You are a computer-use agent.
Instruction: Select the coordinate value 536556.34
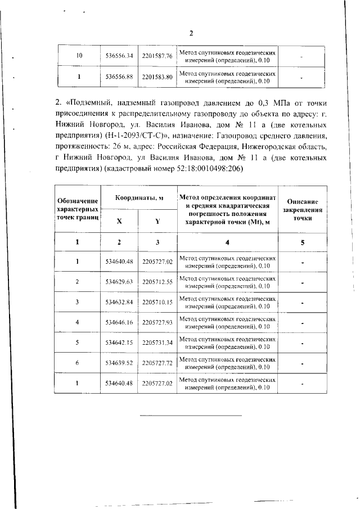pyautogui.click(x=119, y=56)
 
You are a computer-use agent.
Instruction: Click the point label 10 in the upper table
pyautogui.click(x=79, y=56)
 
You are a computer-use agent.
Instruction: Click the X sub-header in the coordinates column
pyautogui.click(x=119, y=221)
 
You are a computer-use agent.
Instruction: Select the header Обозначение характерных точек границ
pyautogui.click(x=78, y=209)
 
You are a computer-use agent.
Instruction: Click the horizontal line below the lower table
pyautogui.click(x=190, y=415)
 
